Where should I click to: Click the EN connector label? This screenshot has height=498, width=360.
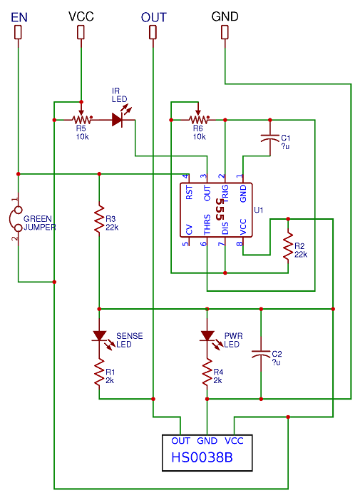tap(19, 17)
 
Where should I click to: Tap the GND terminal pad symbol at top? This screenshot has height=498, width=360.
tap(225, 32)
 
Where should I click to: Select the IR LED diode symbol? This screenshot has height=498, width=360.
tap(121, 118)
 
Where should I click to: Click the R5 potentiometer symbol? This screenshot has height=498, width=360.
tap(81, 119)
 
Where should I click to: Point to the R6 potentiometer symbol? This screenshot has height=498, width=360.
tap(198, 119)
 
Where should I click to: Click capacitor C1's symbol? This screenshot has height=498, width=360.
tap(270, 138)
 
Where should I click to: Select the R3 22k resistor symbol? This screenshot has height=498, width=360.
tap(99, 220)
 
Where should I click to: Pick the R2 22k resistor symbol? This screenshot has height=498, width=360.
tap(288, 246)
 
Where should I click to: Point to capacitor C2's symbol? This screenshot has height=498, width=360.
tap(261, 354)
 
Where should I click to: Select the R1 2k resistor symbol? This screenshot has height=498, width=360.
tap(99, 372)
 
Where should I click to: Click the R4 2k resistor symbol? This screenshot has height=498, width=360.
tap(207, 372)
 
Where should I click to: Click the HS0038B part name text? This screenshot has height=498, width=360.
tap(202, 457)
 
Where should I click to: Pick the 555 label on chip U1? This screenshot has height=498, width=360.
tap(220, 210)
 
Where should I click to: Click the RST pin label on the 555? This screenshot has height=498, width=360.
tap(189, 193)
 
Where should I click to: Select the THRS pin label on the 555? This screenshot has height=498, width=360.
tap(207, 225)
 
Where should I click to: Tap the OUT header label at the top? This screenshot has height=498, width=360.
tap(154, 17)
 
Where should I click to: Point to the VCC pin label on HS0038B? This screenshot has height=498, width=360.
tap(234, 441)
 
